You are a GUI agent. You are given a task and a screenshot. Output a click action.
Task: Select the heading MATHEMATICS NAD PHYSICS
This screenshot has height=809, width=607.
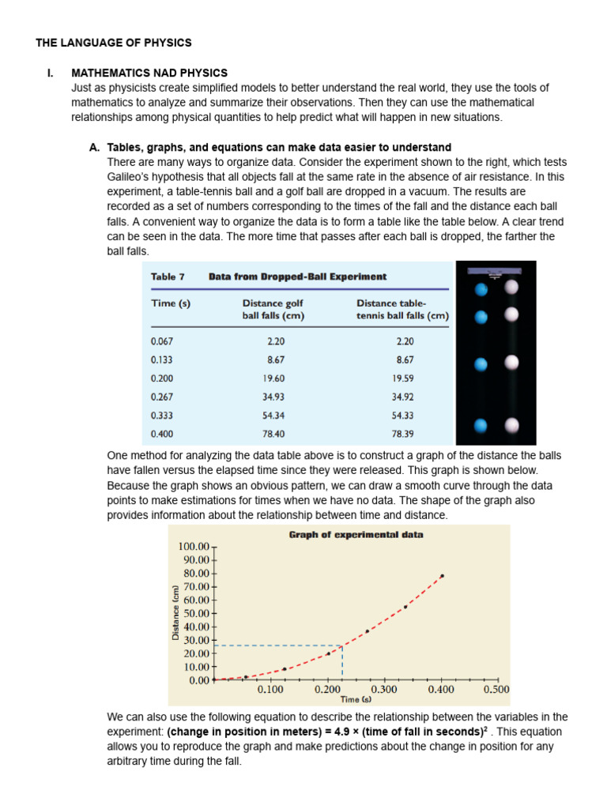[149, 73]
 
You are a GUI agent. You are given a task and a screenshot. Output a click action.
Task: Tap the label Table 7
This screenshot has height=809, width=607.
[168, 277]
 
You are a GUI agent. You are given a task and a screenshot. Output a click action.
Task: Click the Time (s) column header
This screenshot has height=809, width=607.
[170, 303]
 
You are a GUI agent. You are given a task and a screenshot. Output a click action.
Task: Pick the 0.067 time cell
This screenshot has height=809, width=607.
[161, 342]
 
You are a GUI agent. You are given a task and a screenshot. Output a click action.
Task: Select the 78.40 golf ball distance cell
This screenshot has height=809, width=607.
[273, 434]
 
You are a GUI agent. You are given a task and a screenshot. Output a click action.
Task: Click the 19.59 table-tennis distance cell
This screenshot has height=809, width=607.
[402, 378]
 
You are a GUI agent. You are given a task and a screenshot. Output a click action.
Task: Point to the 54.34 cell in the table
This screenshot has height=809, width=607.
[273, 416]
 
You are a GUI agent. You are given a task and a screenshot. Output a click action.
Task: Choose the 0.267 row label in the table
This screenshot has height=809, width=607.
[161, 397]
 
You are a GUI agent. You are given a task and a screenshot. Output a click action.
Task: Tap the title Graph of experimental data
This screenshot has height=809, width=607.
[356, 535]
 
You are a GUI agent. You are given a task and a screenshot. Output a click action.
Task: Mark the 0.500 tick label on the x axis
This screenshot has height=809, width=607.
[496, 690]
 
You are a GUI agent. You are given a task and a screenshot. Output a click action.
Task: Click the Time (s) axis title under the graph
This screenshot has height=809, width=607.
[356, 699]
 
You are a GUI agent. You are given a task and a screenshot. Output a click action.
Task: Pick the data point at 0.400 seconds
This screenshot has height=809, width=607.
[442, 576]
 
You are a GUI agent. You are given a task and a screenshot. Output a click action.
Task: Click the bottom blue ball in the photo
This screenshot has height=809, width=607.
[479, 427]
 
